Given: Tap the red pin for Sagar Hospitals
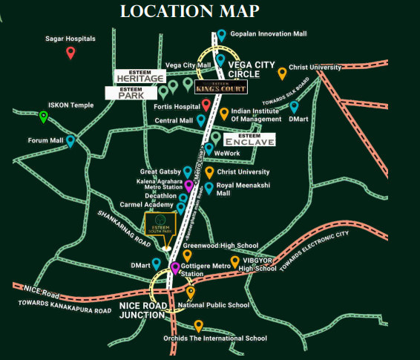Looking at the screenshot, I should click(70, 53).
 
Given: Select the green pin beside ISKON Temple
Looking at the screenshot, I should click(44, 116).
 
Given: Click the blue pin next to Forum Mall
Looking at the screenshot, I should click(70, 140).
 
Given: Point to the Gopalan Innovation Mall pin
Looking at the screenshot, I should click(221, 35).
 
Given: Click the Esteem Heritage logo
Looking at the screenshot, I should click(139, 76).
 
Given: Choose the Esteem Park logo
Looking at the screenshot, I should click(131, 93).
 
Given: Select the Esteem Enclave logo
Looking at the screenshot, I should click(249, 140).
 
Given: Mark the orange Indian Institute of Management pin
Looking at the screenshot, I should click(224, 114).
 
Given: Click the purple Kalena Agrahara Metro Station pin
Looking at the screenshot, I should click(188, 185).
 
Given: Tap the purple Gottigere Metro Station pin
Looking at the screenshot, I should click(175, 267).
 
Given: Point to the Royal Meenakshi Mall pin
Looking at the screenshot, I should click(209, 187).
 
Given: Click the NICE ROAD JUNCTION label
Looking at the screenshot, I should click(142, 309).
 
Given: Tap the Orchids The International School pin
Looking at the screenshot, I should click(198, 325).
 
